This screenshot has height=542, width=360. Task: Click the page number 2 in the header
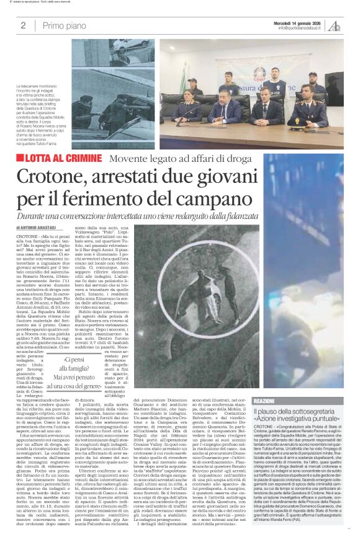23,25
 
